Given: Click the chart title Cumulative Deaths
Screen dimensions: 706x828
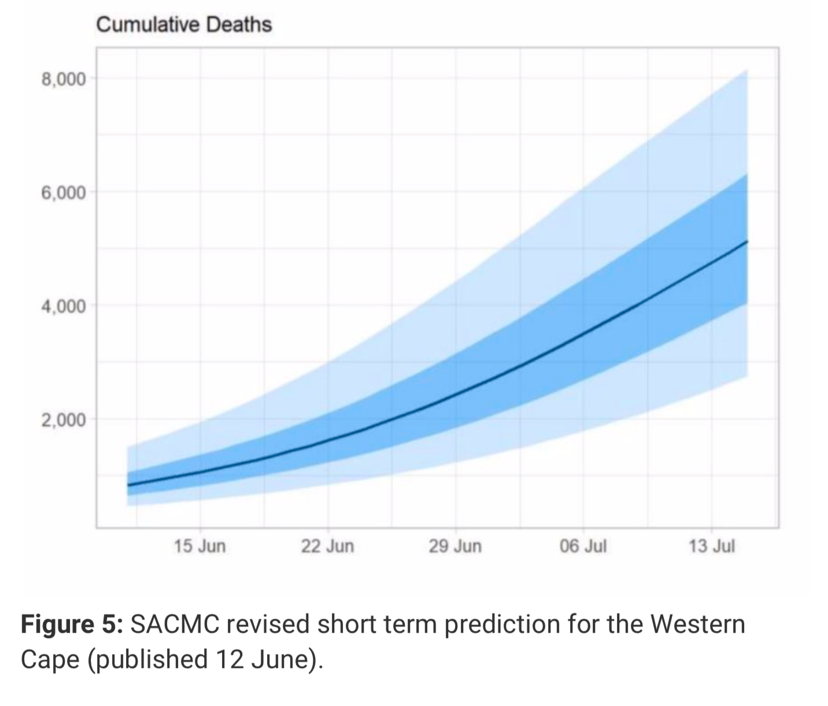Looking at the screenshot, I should pyautogui.click(x=183, y=25).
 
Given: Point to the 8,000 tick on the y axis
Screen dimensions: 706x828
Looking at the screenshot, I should pyautogui.click(x=63, y=79).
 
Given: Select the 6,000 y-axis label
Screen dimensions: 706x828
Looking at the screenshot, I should pyautogui.click(x=63, y=192).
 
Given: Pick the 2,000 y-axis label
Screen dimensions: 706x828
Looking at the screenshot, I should pyautogui.click(x=63, y=419).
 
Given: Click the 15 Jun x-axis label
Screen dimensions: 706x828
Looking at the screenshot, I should pyautogui.click(x=200, y=546).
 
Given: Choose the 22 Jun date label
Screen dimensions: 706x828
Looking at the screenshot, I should pyautogui.click(x=327, y=546).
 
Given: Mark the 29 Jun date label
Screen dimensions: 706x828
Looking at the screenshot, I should pyautogui.click(x=455, y=546).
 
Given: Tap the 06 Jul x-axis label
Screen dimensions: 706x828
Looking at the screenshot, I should pyautogui.click(x=583, y=546).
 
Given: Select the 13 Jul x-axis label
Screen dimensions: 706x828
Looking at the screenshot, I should pyautogui.click(x=711, y=546).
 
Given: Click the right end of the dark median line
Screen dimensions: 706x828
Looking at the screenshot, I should pyautogui.click(x=747, y=241).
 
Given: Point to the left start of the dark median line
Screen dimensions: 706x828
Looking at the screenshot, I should pyautogui.click(x=128, y=485).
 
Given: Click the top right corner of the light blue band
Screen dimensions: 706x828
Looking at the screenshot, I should pyautogui.click(x=747, y=71).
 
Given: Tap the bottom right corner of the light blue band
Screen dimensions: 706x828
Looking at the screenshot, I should pyautogui.click(x=747, y=376).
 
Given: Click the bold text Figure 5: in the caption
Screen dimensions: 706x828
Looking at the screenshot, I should pyautogui.click(x=72, y=625).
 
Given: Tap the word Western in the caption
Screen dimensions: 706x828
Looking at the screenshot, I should pyautogui.click(x=697, y=625).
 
